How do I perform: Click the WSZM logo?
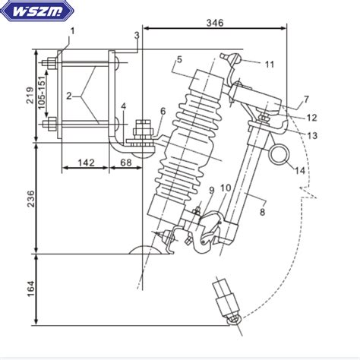[37, 11]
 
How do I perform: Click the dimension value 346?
[215, 23]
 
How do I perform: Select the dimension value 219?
[30, 95]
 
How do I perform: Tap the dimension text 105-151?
[42, 93]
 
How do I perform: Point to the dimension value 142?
[86, 163]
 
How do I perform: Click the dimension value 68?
[126, 163]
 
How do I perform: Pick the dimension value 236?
[30, 199]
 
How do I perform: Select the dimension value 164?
[30, 289]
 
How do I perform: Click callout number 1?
[72, 31]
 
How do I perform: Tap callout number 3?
[137, 35]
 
